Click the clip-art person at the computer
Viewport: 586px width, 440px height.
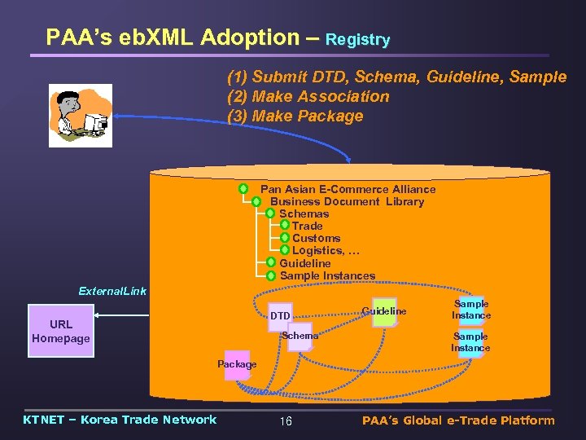coord(80,115)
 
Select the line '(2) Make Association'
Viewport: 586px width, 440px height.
coord(308,97)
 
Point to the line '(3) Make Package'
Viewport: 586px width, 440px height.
coord(295,117)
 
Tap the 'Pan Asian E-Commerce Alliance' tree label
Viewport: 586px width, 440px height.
coord(348,189)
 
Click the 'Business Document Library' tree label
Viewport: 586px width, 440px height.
coord(347,201)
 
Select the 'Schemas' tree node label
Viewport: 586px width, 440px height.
coord(304,213)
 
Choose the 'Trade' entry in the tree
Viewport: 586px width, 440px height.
coord(307,226)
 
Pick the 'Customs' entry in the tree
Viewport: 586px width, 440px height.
coord(316,238)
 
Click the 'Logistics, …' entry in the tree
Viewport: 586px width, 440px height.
coord(326,250)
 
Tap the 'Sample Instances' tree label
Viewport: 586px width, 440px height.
coord(327,275)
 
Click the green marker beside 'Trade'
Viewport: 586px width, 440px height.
coord(284,226)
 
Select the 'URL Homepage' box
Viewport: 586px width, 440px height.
coord(61,331)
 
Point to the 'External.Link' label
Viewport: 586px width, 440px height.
coord(112,291)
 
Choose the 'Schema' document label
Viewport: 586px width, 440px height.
coord(300,336)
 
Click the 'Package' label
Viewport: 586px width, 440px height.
coord(237,364)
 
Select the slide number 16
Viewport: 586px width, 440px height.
coord(285,421)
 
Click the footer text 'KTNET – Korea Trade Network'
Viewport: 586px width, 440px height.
coord(120,420)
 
